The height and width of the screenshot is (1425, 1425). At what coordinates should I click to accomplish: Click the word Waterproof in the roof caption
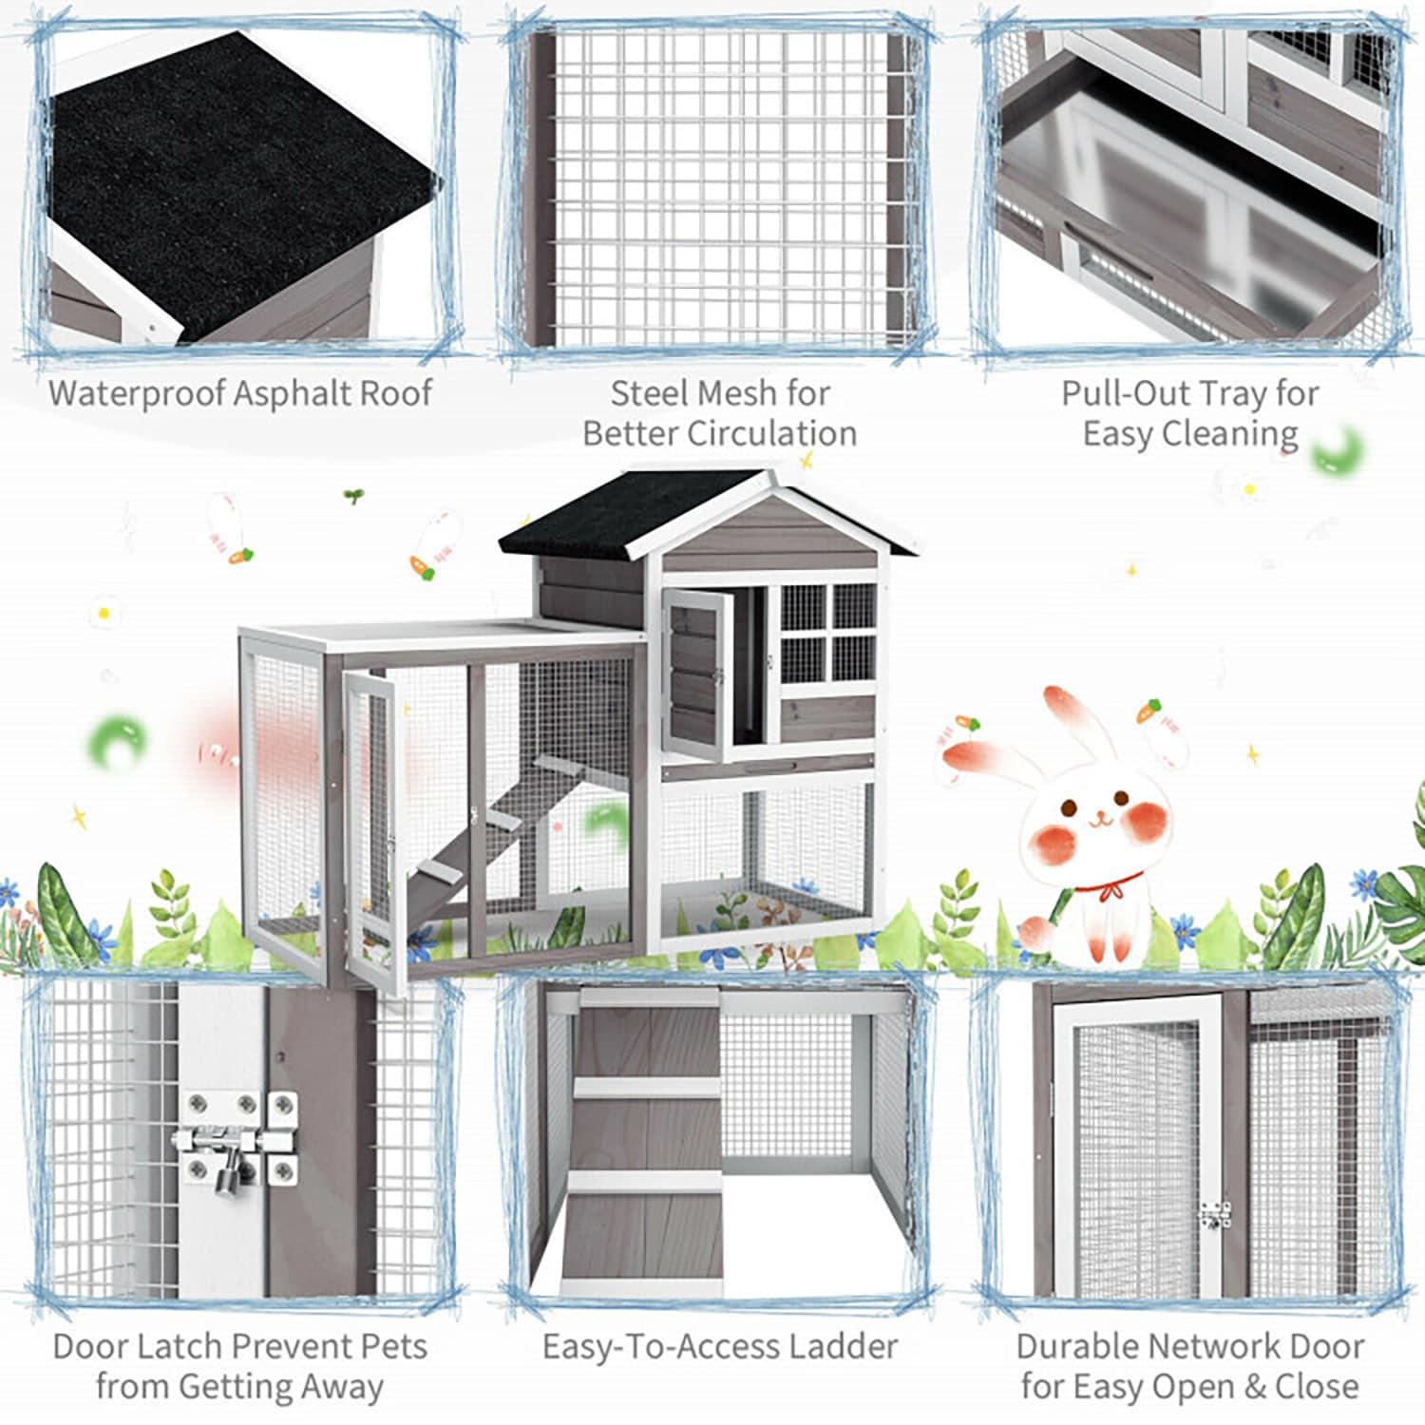coord(137,393)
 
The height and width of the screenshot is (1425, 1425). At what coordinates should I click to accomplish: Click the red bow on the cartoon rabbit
coord(1102,893)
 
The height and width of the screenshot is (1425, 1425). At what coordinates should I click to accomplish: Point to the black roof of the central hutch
coord(627,513)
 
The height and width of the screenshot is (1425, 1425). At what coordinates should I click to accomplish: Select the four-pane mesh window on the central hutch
coord(827,631)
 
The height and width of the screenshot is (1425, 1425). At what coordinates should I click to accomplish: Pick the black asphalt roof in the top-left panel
coord(237,180)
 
